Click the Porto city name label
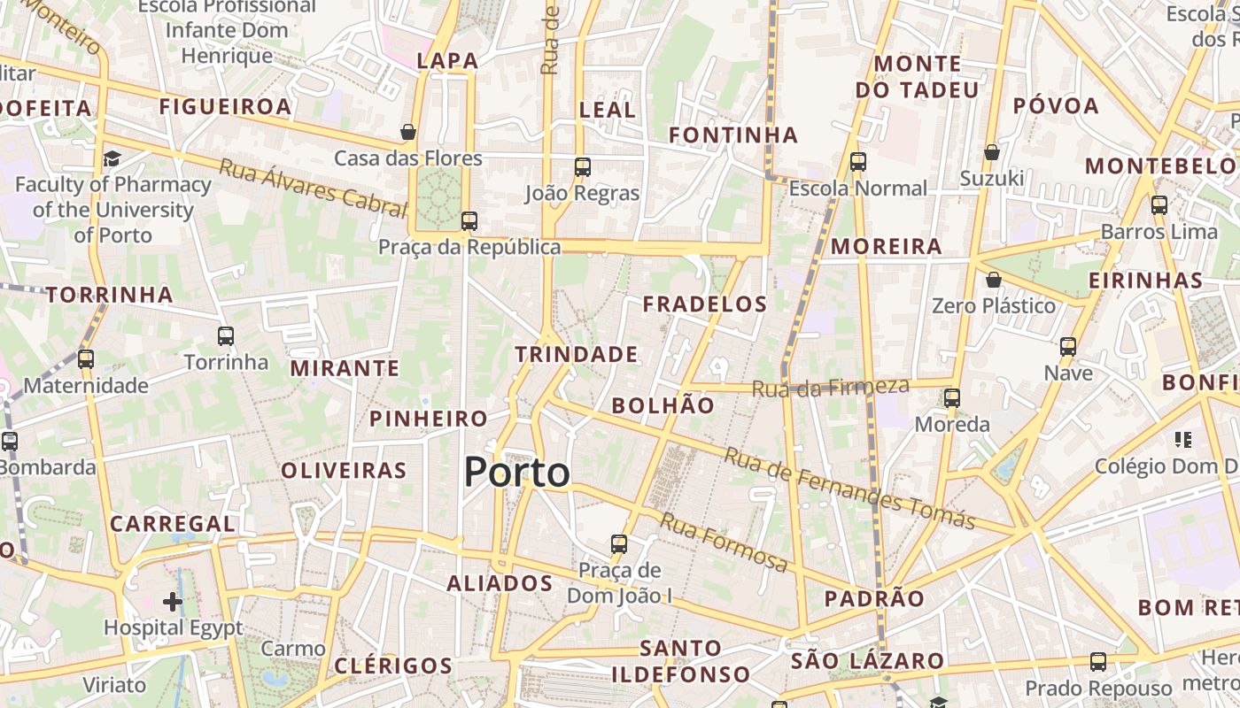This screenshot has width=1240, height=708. (517, 473)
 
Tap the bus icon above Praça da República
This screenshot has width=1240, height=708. (469, 221)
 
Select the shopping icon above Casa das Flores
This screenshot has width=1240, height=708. (408, 132)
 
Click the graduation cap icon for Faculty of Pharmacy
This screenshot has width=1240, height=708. (112, 158)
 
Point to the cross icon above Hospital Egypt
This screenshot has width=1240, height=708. (173, 603)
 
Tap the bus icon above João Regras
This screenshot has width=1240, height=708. (582, 167)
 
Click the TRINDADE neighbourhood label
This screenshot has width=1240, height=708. (577, 355)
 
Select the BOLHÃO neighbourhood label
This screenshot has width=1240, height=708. (663, 406)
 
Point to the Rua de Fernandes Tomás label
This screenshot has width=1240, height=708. (849, 488)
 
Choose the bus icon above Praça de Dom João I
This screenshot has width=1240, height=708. (619, 543)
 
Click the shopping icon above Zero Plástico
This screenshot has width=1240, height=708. (994, 280)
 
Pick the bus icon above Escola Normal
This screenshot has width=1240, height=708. (857, 162)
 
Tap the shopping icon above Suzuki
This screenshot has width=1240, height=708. (992, 152)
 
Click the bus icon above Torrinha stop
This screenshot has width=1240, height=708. (226, 336)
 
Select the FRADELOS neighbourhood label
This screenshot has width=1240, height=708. (705, 304)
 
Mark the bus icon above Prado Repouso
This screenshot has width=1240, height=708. (1098, 661)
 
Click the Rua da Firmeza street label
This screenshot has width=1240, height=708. (830, 387)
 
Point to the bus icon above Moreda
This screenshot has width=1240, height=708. (952, 398)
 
